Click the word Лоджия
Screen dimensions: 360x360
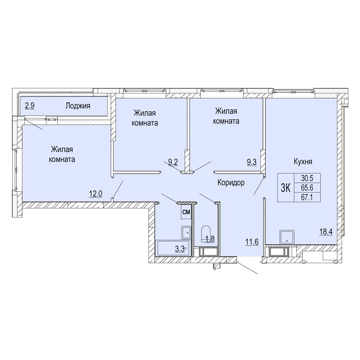tap(78, 106)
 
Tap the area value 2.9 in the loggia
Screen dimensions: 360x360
tap(30, 106)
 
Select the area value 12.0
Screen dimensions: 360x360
tap(96, 194)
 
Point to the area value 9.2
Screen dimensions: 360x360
tap(173, 162)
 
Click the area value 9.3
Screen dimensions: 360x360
tap(252, 162)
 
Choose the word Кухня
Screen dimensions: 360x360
tap(303, 162)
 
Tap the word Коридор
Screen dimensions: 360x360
tap(231, 183)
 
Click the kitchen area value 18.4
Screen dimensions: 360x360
tap(326, 232)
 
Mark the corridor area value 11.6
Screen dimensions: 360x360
tap(252, 242)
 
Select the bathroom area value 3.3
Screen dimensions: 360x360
tap(180, 249)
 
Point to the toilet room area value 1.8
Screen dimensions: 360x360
tap(210, 239)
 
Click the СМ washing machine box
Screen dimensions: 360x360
tap(186, 212)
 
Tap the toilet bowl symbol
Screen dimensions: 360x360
tap(206, 233)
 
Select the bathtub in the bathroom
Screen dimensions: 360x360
tap(172, 248)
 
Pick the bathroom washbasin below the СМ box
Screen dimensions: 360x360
tap(186, 232)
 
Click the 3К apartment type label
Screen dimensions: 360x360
tap(286, 188)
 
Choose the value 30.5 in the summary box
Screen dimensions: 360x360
tap(307, 178)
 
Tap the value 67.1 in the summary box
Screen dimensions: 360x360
tap(307, 197)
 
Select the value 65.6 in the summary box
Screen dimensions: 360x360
tap(307, 188)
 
